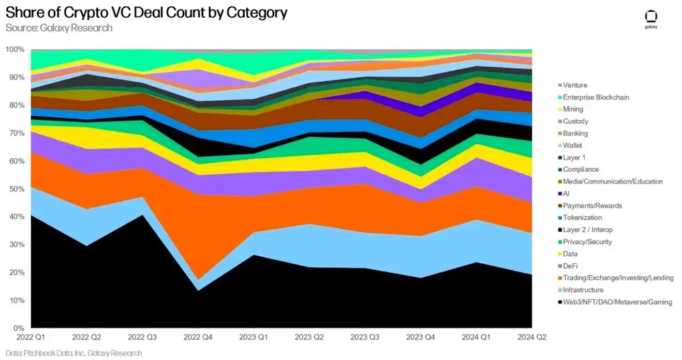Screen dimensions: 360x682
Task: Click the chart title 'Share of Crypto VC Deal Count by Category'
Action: (146, 13)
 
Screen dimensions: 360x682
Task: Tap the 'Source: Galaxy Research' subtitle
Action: (59, 28)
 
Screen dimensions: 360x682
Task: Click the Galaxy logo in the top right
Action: (651, 19)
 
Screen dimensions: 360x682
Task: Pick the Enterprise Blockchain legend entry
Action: (592, 97)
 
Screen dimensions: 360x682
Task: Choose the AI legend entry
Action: (567, 194)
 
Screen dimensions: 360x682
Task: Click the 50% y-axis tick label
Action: (16, 189)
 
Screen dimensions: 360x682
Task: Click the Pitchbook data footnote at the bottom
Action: (74, 353)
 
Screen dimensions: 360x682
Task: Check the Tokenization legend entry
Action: (584, 217)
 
